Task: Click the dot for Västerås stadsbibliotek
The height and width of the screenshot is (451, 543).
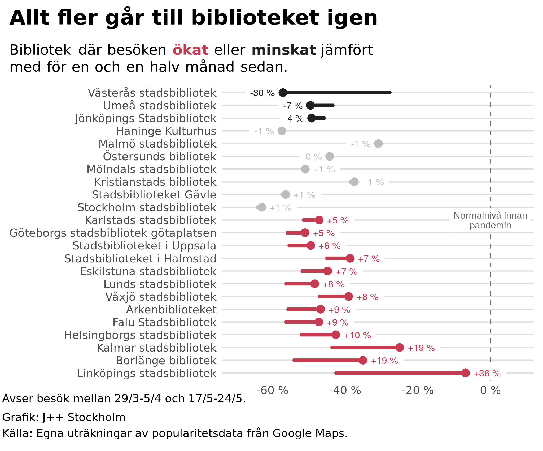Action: click(x=283, y=93)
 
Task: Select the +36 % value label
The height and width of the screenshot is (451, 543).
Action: click(x=487, y=374)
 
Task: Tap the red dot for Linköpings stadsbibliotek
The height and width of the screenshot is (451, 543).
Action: click(x=465, y=373)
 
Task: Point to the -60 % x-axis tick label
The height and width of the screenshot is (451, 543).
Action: click(x=272, y=390)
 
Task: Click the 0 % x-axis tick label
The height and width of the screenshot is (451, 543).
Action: click(x=490, y=390)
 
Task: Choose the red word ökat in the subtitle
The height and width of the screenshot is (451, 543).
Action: click(x=190, y=50)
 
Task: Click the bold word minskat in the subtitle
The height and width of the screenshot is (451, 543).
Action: click(x=284, y=50)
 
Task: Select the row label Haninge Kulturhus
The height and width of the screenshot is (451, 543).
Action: click(x=166, y=131)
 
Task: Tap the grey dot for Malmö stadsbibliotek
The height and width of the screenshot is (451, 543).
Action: click(x=378, y=144)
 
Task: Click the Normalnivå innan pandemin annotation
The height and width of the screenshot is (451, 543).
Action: click(x=490, y=220)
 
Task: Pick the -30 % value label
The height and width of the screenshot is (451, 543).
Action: click(x=262, y=93)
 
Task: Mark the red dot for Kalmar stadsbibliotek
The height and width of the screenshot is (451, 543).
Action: click(x=400, y=348)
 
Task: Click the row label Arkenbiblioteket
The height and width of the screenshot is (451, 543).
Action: click(x=171, y=310)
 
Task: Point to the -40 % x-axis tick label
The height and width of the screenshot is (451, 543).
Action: click(x=345, y=390)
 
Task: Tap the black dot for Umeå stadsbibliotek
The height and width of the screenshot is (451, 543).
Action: click(x=310, y=105)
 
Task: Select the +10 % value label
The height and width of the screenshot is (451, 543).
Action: click(x=357, y=335)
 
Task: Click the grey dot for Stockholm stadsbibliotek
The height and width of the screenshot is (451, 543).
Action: click(x=262, y=207)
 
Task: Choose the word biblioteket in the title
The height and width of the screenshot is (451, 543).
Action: click(x=255, y=18)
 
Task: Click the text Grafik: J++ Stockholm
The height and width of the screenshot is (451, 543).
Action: click(x=64, y=417)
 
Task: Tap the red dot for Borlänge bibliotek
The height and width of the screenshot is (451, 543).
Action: click(x=363, y=360)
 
